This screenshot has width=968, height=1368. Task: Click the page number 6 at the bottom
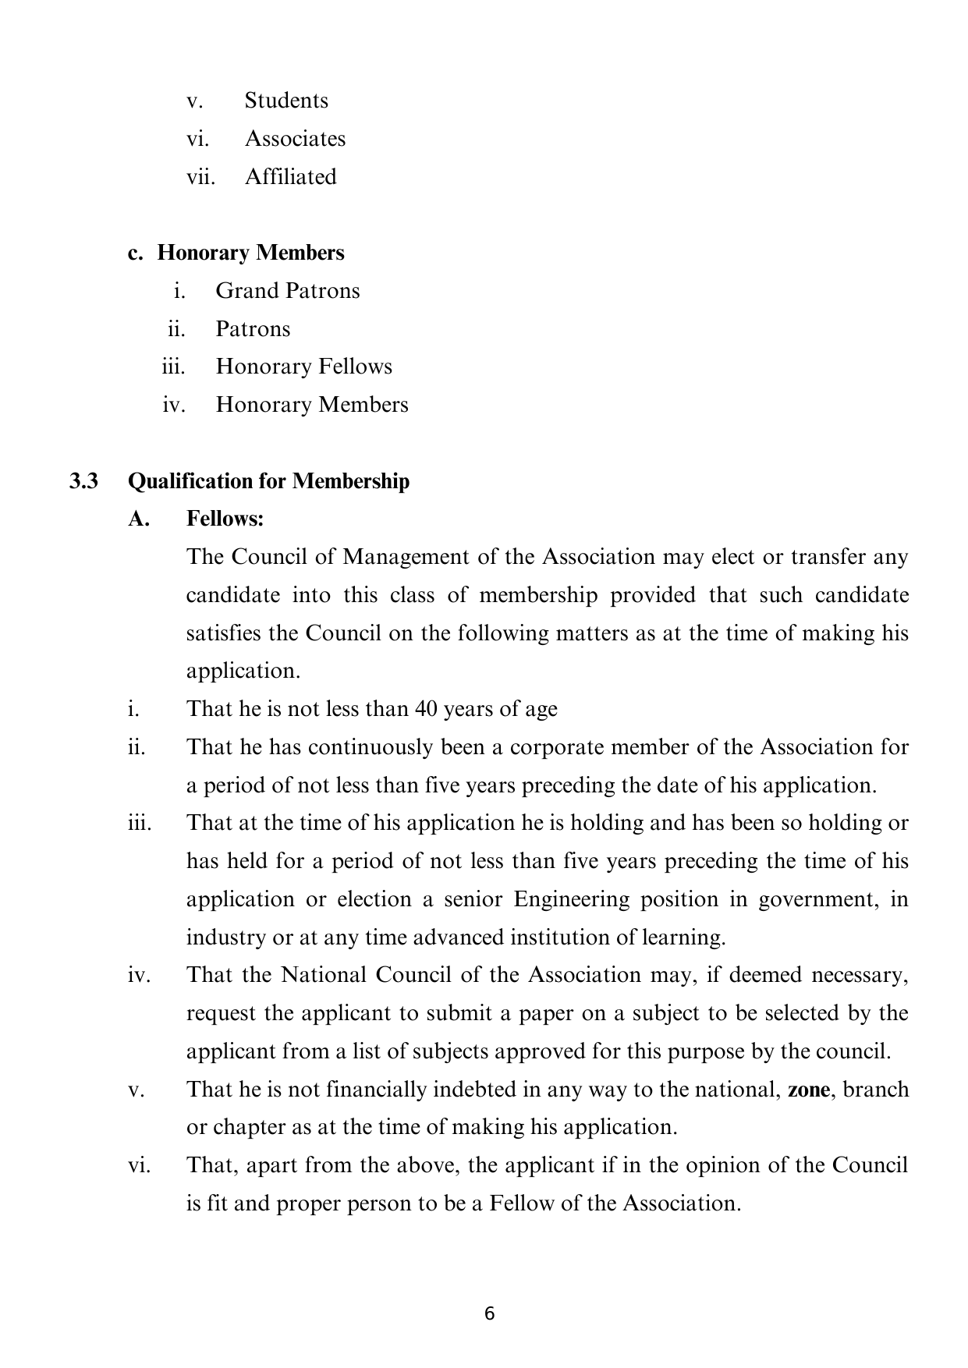point(489,1313)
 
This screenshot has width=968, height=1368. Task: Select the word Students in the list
point(286,101)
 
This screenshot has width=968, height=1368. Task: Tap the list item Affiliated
point(290,177)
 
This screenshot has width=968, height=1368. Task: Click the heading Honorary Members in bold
point(250,253)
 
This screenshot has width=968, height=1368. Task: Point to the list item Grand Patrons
point(288,291)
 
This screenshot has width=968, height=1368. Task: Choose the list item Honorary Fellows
point(303,367)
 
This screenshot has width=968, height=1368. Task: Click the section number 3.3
point(83,481)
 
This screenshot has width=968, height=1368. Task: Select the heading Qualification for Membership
point(268,481)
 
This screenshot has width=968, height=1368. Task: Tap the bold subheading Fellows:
point(225,519)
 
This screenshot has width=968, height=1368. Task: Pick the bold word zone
point(809,1090)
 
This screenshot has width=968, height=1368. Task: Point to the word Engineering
point(571,899)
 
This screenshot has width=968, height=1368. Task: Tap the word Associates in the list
point(295,139)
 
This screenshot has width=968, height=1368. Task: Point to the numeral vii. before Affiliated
point(200,177)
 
